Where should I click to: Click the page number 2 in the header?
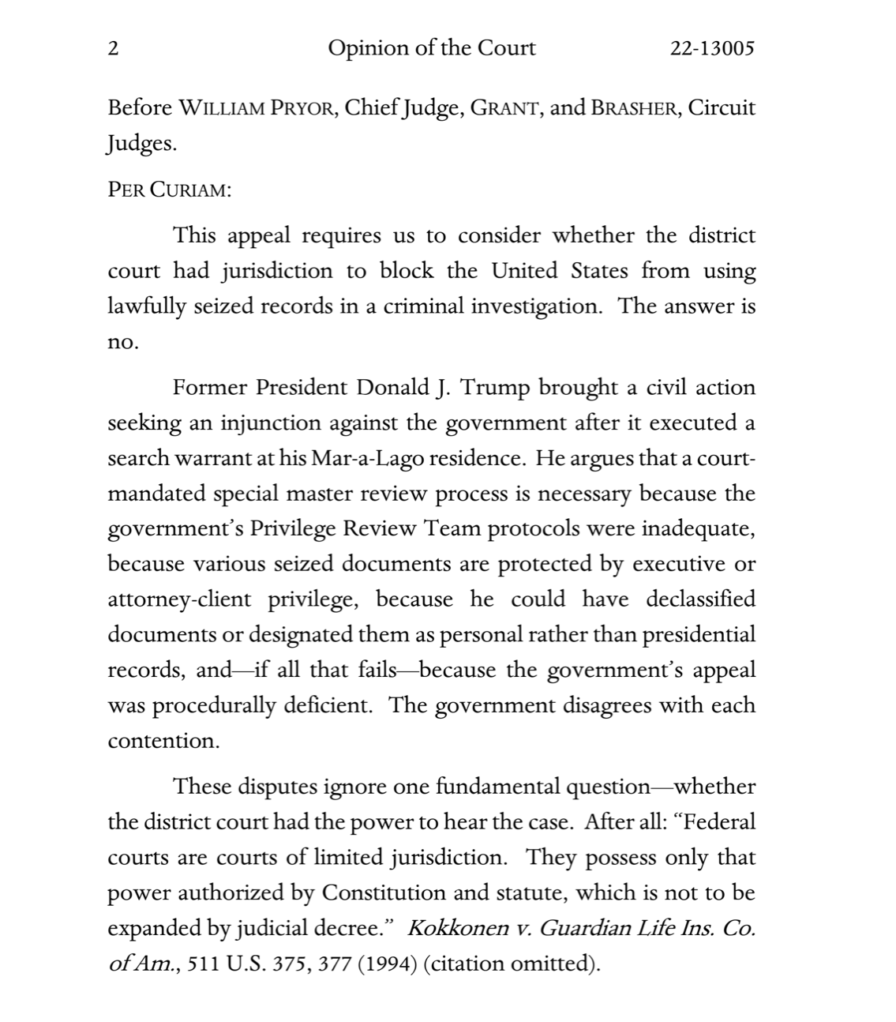113,49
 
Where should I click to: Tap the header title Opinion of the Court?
431,49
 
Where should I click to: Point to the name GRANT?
504,108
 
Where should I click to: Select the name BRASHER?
634,108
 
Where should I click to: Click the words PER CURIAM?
169,191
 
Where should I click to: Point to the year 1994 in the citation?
387,964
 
